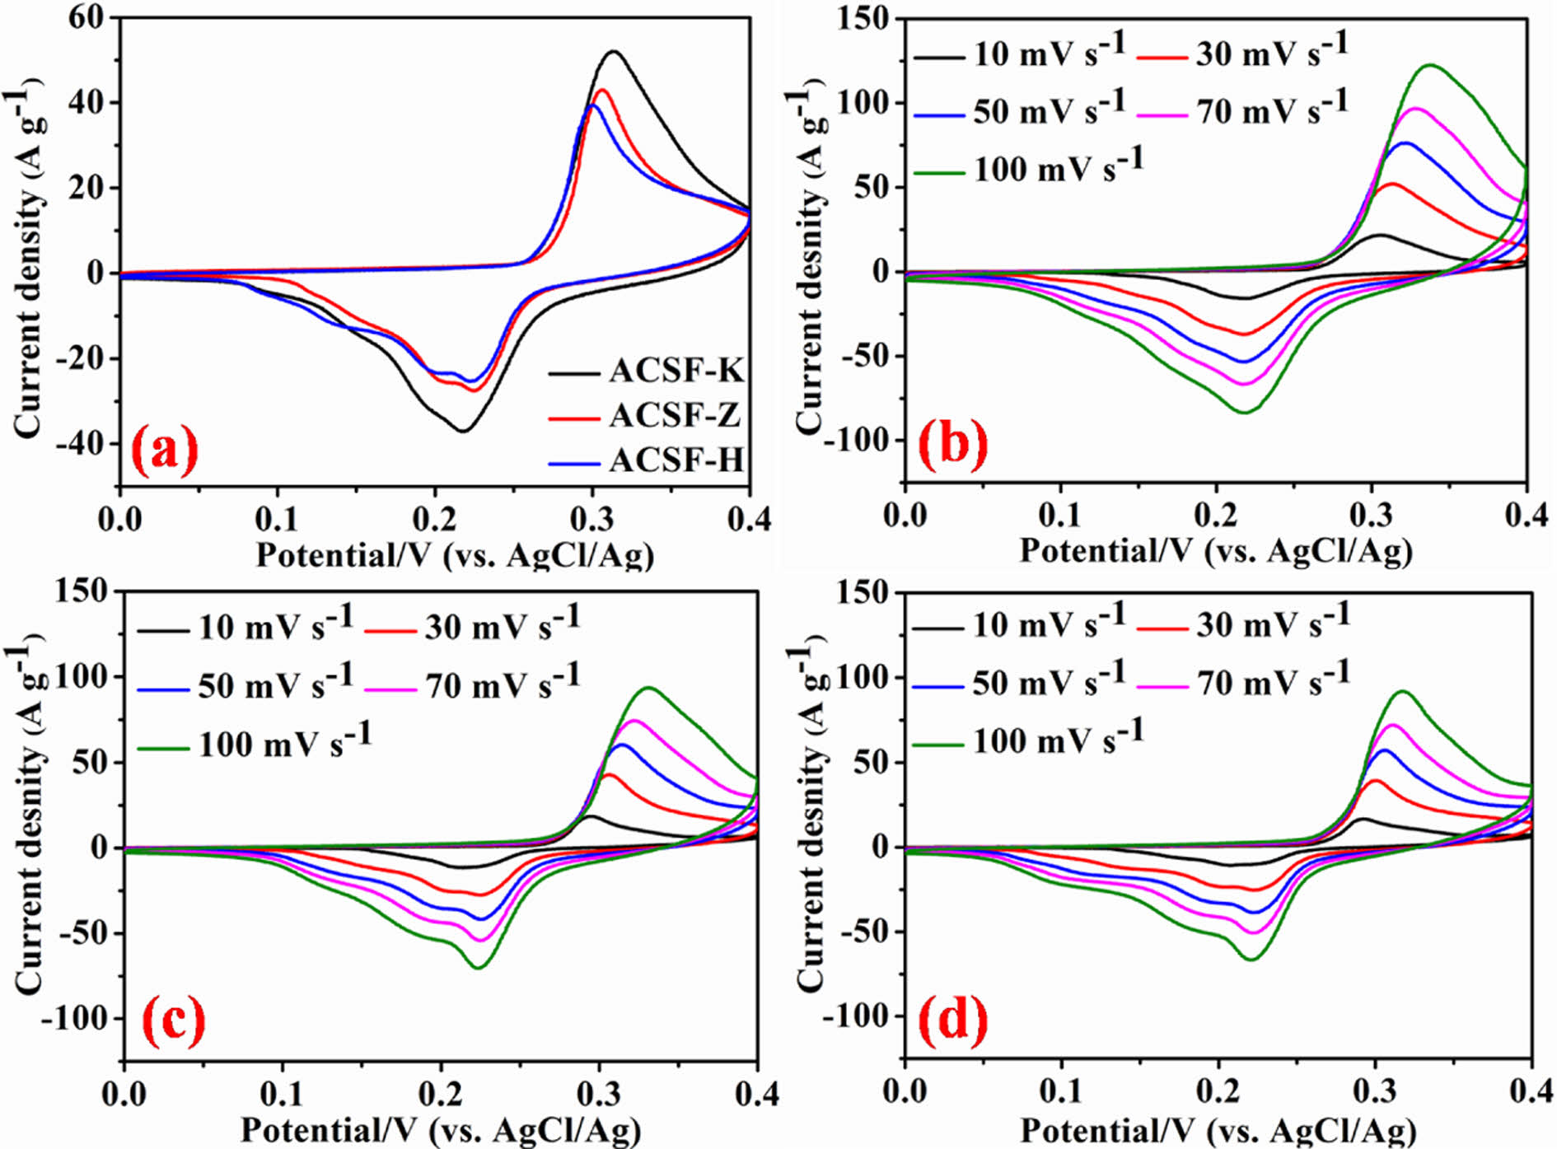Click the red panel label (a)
[x=166, y=450]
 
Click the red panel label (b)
[x=953, y=445]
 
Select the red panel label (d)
[x=953, y=1019]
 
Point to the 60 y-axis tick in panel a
[x=87, y=18]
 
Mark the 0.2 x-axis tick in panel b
[x=1216, y=515]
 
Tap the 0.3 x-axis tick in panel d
[x=1374, y=1091]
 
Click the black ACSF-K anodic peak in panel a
[x=613, y=51]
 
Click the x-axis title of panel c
[x=440, y=1129]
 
